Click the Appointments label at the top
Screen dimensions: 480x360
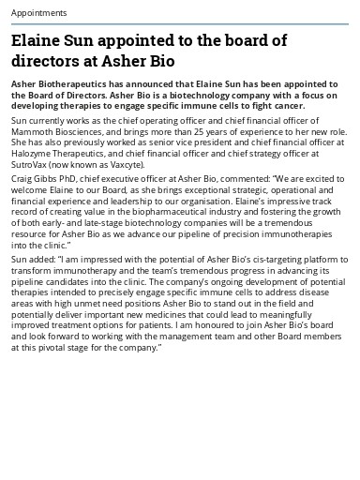38,13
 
